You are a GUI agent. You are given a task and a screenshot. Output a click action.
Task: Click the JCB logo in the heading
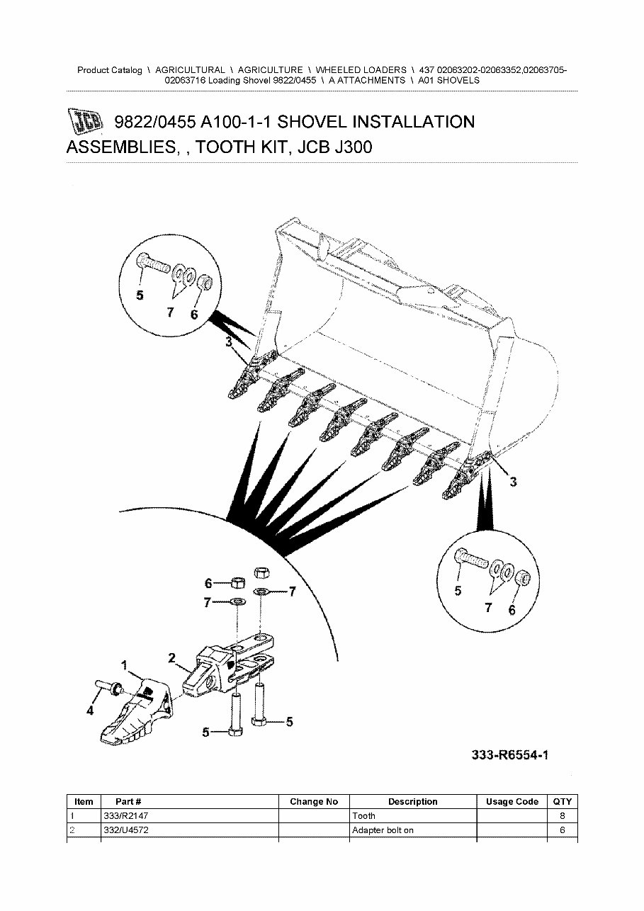85,123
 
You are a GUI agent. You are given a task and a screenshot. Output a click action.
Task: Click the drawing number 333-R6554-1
510,756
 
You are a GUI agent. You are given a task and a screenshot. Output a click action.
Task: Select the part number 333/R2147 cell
126,816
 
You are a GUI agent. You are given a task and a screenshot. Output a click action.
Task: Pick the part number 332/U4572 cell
126,830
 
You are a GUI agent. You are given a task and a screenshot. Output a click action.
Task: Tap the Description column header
412,802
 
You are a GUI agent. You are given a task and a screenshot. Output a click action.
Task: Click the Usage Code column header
512,802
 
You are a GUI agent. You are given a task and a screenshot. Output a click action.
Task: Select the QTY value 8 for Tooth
562,816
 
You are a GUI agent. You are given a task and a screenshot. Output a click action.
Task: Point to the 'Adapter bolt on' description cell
383,830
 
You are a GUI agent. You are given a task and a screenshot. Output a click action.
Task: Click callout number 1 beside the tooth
125,665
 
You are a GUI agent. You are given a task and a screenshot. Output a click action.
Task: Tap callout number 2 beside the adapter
171,657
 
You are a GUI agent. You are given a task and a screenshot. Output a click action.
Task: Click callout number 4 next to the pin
90,711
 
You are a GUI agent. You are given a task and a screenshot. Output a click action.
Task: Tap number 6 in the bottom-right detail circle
512,610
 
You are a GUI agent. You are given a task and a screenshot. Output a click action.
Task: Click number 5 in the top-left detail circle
140,295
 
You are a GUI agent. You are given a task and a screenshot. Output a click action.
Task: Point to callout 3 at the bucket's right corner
514,482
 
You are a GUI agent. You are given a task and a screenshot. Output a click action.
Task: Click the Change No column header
314,802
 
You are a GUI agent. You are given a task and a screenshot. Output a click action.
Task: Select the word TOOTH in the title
221,147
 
